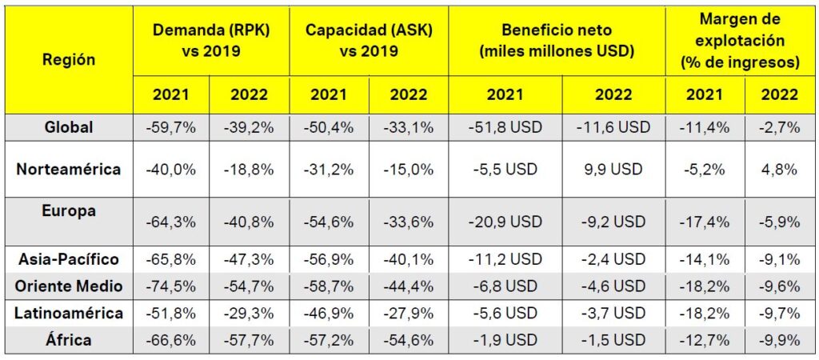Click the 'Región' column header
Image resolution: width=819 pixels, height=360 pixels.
[x=69, y=59]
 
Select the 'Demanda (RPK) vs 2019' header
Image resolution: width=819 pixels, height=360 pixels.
[x=210, y=39]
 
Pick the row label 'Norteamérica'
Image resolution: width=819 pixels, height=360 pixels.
[x=69, y=170]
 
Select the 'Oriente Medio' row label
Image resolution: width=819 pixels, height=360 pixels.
[x=69, y=286]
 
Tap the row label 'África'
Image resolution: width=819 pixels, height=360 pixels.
[x=69, y=340]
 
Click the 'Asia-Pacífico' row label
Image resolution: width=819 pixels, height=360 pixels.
[x=69, y=259]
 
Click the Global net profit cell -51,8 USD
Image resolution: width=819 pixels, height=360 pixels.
[x=505, y=126]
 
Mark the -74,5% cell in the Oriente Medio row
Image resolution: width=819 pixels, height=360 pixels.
[x=171, y=286]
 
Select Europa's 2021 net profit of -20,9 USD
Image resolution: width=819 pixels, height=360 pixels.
[x=505, y=222]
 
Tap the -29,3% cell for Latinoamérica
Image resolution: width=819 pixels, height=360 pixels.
[x=249, y=313]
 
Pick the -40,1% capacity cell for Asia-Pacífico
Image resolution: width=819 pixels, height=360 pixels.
[x=407, y=259]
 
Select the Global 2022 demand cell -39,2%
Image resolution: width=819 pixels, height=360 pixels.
[x=249, y=126]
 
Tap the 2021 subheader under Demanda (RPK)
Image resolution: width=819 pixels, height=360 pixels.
[x=171, y=94]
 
